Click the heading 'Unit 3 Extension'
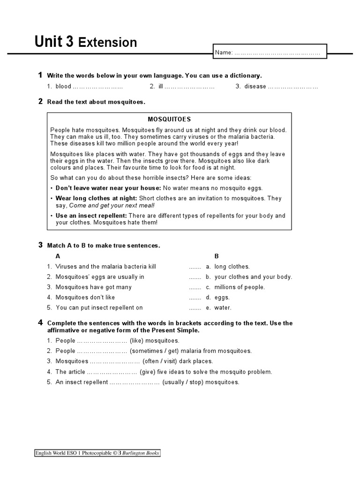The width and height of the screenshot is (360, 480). coord(86,42)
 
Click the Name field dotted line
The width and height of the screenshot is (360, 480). coord(277,53)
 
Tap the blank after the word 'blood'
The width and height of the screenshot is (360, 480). coord(98,87)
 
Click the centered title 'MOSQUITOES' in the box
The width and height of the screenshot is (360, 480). coord(169,120)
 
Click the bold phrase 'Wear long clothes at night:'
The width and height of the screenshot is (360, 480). coord(96,198)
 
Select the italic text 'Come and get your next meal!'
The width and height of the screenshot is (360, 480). coord(112,205)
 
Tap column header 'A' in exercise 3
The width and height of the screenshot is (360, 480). coord(58,256)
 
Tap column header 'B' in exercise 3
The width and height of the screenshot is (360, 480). coord(217,256)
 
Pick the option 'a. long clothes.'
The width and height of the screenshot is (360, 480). coord(227,266)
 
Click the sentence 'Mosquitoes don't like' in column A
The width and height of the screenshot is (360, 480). coord(85,297)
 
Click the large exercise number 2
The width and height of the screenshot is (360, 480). coord(40,101)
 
